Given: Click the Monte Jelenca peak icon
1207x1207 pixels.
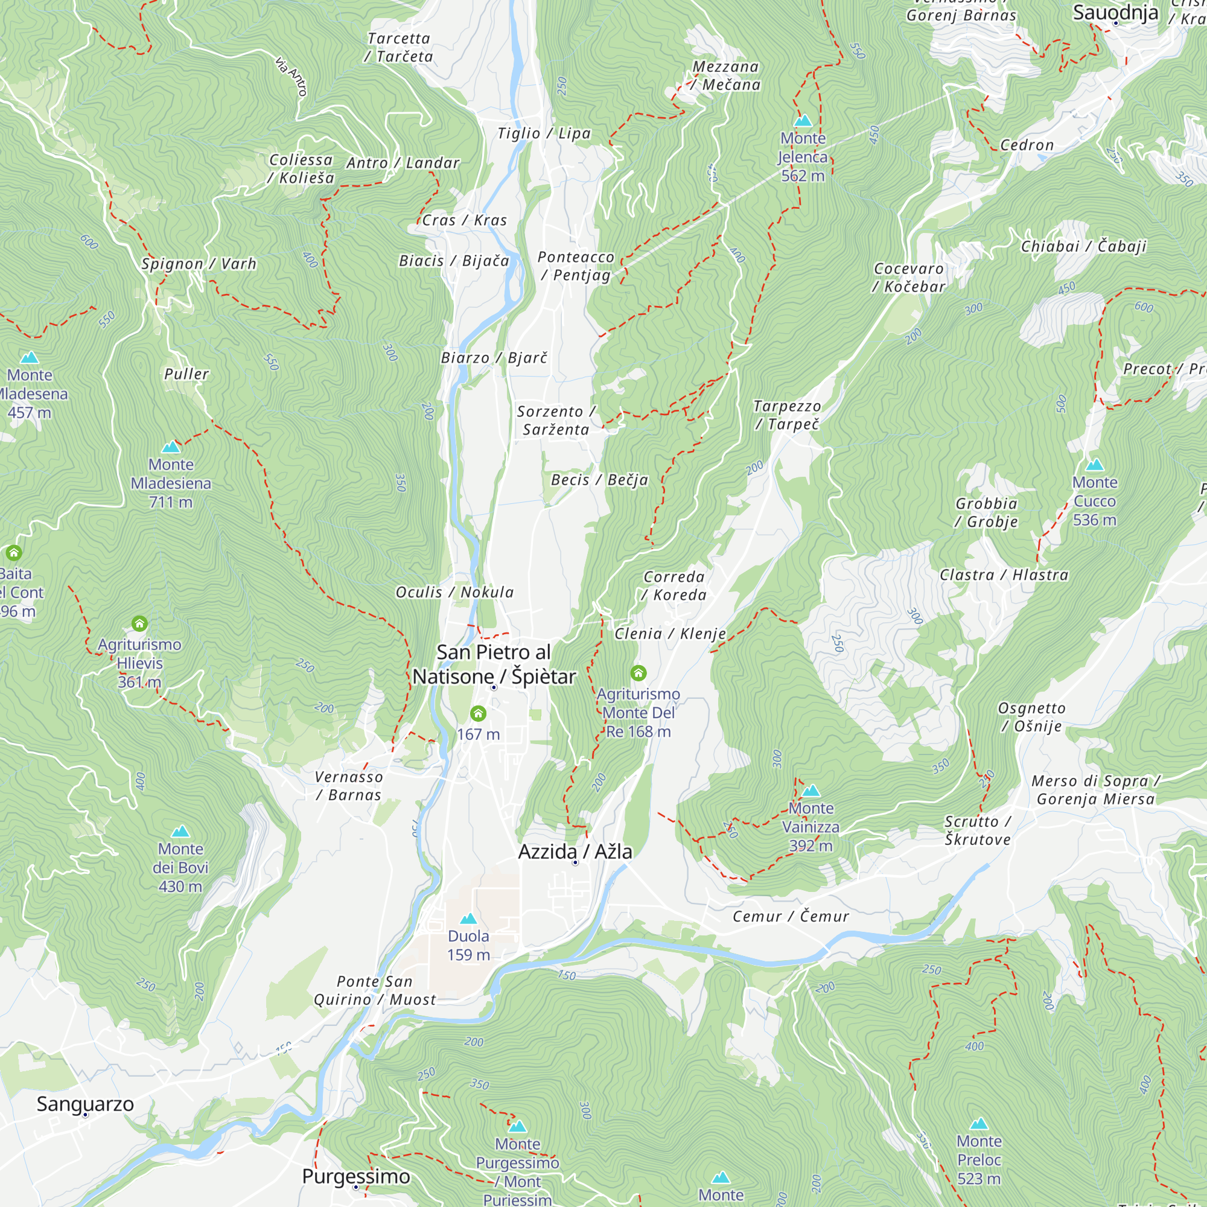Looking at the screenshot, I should coord(803,121).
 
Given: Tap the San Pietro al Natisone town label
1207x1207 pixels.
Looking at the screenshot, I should coord(494,664).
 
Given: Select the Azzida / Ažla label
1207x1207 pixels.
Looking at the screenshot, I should coord(575,852).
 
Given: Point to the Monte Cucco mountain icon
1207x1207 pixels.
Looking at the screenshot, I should coord(1095,465).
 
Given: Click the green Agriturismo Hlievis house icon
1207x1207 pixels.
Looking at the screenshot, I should coord(139,623).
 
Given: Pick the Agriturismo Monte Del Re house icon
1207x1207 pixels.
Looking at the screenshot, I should coord(638,673).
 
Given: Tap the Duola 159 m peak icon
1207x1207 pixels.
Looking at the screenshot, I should coord(468,919).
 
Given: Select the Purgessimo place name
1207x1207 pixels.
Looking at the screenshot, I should coord(355,1176).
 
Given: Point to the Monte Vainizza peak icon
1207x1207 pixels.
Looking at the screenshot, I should coord(811,791).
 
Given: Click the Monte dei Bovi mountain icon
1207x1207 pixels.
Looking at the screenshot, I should coord(180,832).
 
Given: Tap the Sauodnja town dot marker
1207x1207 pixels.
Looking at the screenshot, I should coord(1116,23).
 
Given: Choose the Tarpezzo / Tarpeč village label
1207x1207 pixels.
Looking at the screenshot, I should coord(786,415).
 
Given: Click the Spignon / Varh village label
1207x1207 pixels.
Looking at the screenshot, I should coord(199,264).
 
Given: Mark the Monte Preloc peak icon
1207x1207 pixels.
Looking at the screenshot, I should coord(979,1124).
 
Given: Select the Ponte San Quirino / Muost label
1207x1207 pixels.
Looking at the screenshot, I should coord(374,990).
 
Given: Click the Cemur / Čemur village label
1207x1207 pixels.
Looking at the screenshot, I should coord(791,917).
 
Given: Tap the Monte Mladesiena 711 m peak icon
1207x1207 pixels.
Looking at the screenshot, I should coord(171,447).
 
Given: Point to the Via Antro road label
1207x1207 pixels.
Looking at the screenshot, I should coord(291,76).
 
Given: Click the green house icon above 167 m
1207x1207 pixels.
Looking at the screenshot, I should coord(478,713).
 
